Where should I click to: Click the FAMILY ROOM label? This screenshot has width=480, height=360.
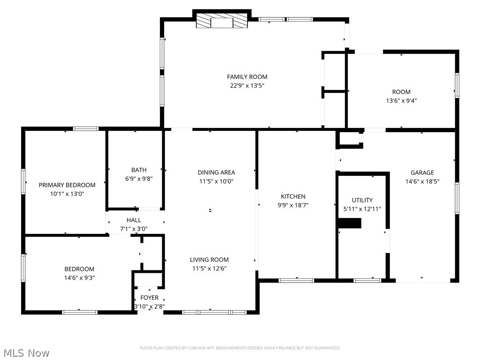click(x=247, y=77)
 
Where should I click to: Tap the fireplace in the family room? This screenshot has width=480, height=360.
click(x=222, y=21)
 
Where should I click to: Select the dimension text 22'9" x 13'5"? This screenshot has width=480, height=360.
click(x=247, y=86)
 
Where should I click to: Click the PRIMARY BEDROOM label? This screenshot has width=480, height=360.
click(x=67, y=185)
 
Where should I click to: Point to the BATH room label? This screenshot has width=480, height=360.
click(x=139, y=170)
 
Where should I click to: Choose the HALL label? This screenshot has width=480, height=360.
click(x=134, y=220)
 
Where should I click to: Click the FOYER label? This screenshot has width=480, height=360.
click(x=150, y=298)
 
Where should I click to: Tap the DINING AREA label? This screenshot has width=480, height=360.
click(x=217, y=172)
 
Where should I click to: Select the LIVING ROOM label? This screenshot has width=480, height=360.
click(x=210, y=260)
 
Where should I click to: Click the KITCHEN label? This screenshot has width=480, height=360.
click(x=293, y=196)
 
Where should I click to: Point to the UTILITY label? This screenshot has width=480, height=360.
click(x=362, y=200)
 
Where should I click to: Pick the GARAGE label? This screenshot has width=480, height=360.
click(x=422, y=172)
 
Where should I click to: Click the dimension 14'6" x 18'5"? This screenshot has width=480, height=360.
click(x=422, y=181)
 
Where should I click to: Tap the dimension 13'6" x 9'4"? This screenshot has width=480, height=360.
click(x=401, y=101)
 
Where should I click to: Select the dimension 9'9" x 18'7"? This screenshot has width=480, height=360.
click(x=293, y=205)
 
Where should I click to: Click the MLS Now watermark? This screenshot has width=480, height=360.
click(x=26, y=353)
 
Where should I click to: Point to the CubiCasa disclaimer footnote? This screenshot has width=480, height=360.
click(x=240, y=348)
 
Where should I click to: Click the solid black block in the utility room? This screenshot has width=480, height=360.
click(x=350, y=223)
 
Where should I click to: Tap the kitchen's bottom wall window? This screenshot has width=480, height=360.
click(x=296, y=280)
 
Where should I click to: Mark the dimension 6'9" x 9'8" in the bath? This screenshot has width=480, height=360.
click(x=139, y=179)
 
